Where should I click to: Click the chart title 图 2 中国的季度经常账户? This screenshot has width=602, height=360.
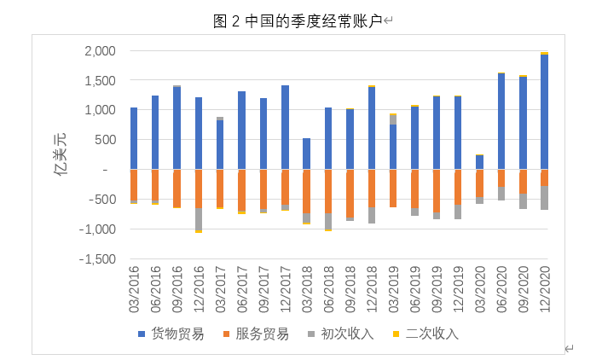click(x=298, y=20)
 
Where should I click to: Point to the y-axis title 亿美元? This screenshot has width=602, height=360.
click(x=60, y=154)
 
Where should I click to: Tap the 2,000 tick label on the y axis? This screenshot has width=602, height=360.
click(x=101, y=50)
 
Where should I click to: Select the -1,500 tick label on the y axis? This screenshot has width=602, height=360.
click(x=97, y=259)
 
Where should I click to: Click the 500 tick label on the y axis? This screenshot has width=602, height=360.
click(x=105, y=140)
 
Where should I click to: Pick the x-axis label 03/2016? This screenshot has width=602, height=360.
click(x=134, y=289)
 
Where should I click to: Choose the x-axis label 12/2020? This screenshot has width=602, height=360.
click(x=544, y=289)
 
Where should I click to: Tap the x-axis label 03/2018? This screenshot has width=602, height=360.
click(x=307, y=289)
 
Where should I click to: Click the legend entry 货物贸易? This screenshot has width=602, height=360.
click(x=171, y=334)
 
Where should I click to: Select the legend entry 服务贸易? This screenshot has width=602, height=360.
click(x=256, y=334)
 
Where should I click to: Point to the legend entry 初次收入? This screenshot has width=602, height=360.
click(x=341, y=334)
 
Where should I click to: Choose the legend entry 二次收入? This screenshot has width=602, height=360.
click(x=425, y=334)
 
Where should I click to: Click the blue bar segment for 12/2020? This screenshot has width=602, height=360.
click(x=544, y=112)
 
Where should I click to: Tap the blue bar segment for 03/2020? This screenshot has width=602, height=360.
click(x=479, y=162)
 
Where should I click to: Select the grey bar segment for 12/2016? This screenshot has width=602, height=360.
click(x=199, y=219)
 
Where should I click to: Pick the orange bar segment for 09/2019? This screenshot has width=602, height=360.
click(x=437, y=191)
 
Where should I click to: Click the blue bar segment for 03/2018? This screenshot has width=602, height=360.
click(x=307, y=154)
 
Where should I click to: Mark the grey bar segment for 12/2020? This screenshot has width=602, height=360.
click(x=544, y=197)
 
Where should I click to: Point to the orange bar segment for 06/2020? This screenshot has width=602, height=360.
click(x=501, y=178)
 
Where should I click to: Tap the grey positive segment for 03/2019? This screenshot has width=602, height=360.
click(x=393, y=120)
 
